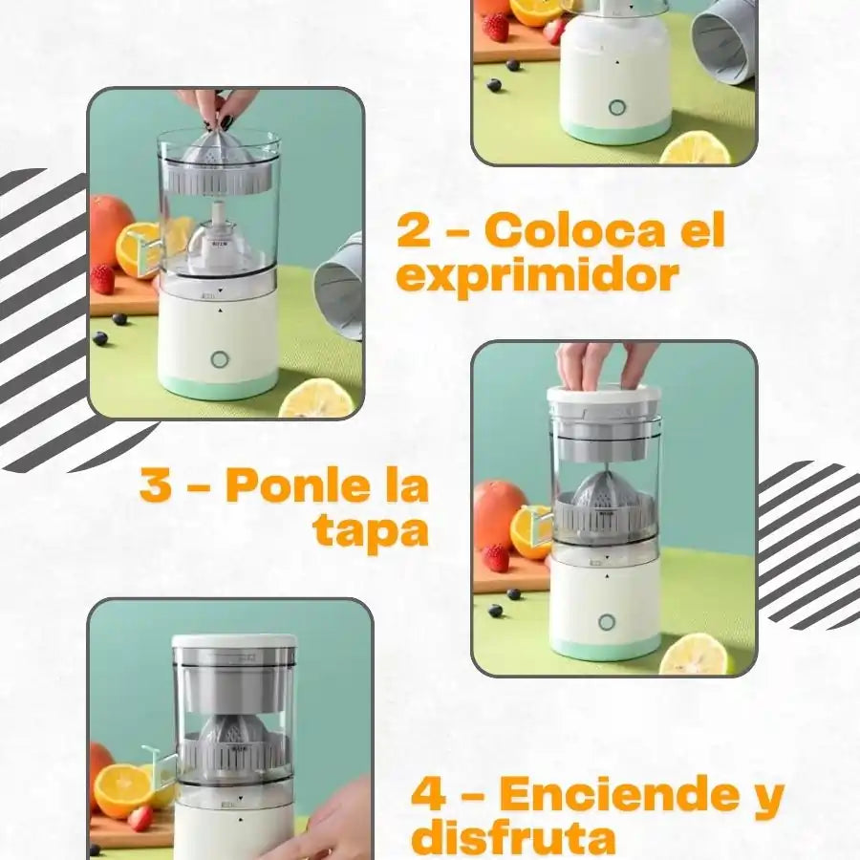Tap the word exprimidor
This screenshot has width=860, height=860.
click(537, 276)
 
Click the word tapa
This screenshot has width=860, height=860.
click(371, 531)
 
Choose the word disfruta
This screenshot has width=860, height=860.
click(513, 839)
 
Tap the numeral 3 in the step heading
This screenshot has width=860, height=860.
click(156, 484)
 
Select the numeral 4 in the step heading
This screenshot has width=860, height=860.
click(428, 794)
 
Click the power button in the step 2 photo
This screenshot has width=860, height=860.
click(220, 360)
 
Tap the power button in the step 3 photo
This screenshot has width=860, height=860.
click(607, 622)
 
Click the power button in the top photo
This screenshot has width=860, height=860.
click(617, 107)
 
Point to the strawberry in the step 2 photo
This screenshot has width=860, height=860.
click(102, 279)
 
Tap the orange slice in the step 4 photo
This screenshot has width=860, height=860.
click(122, 791)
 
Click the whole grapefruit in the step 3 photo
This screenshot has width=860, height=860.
click(500, 512)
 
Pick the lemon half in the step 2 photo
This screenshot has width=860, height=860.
click(317, 398)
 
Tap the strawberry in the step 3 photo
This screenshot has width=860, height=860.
click(496, 557)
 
